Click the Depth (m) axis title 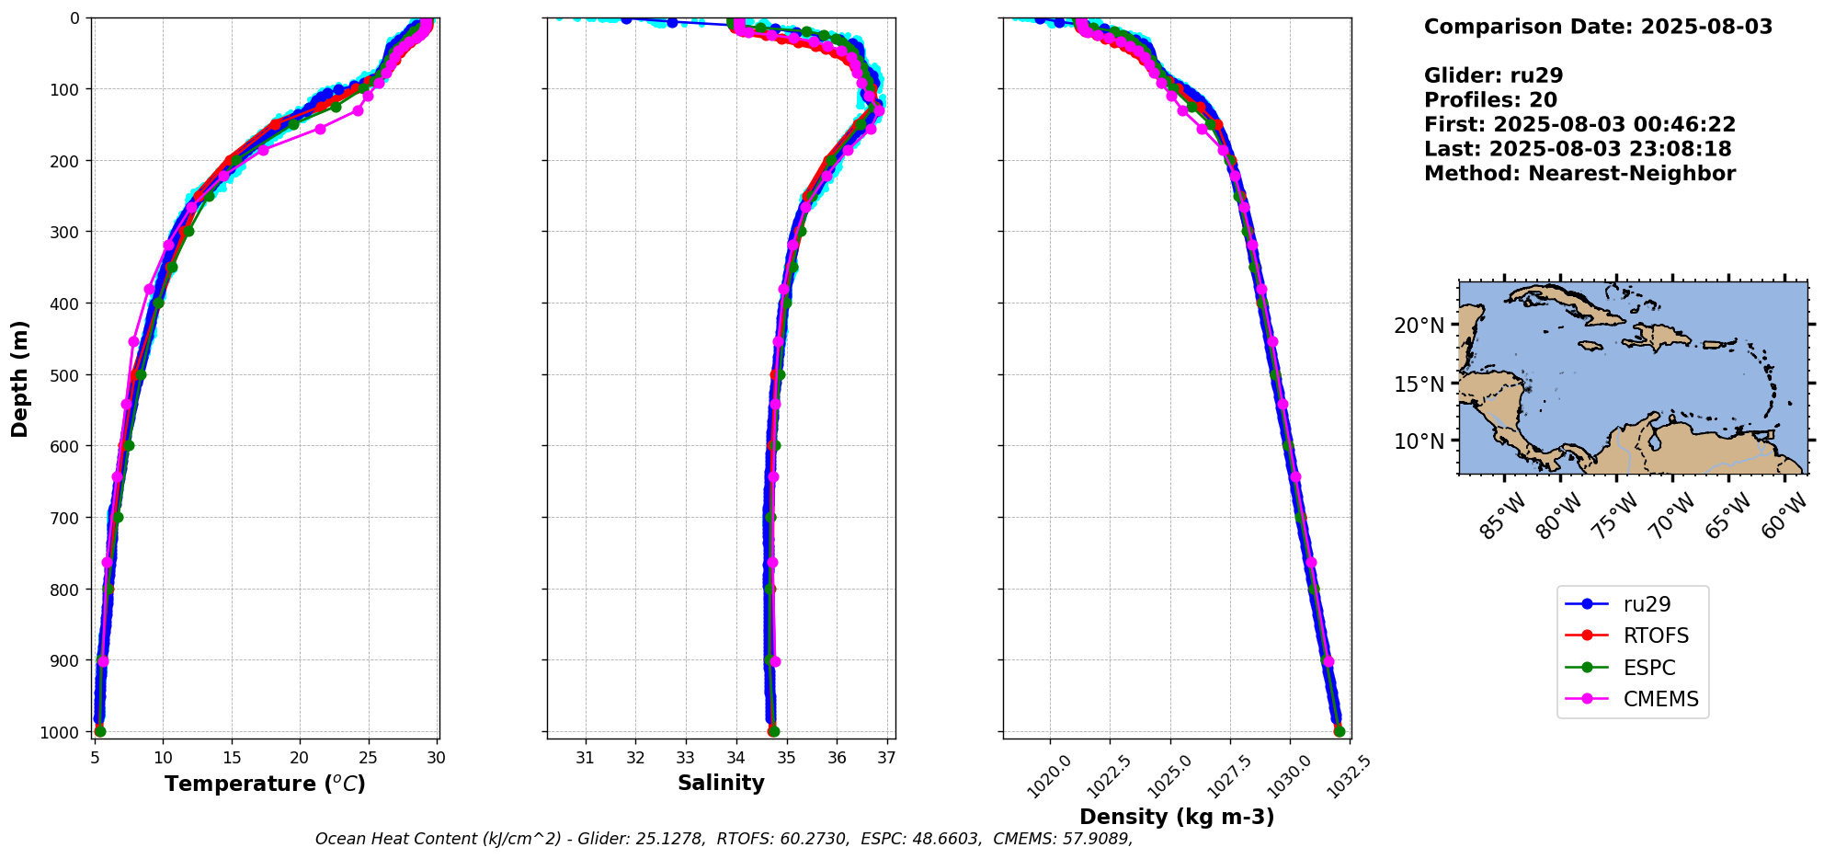20,378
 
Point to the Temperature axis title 265,784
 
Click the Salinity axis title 721,783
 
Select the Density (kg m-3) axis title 1176,817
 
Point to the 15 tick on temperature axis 232,758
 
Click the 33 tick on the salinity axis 685,758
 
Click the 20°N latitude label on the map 1419,326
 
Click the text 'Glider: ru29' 1493,75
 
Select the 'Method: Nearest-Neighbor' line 1579,173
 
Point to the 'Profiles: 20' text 1490,100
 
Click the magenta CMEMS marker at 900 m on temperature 103,661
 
